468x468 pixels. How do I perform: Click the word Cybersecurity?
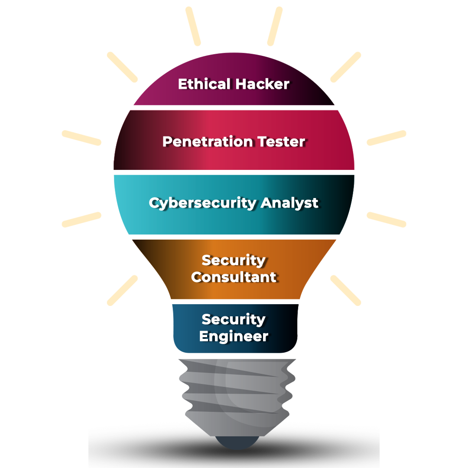coord(202,203)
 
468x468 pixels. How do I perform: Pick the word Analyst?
coord(289,203)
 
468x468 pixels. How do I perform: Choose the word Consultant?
coord(234,277)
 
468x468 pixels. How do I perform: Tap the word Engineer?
coord(234,336)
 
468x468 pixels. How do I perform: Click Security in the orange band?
coord(234,260)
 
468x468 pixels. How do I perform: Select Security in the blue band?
coord(234,319)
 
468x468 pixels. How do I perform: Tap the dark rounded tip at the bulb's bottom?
coord(238,442)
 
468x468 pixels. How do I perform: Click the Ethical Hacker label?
coord(234,84)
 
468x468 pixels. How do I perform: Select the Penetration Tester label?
coord(234,142)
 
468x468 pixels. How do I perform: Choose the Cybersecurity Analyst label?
coord(234,203)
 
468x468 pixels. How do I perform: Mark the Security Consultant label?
coord(234,269)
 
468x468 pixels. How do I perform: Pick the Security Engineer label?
coord(234,328)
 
